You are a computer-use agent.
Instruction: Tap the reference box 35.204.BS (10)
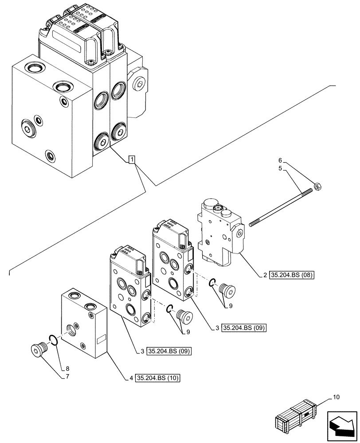[159, 378]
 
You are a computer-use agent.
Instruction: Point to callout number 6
[280, 161]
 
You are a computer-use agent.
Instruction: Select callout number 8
[67, 368]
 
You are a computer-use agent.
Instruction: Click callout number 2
[265, 275]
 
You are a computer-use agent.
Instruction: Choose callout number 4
[132, 378]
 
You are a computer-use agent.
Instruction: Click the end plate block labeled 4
[84, 323]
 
